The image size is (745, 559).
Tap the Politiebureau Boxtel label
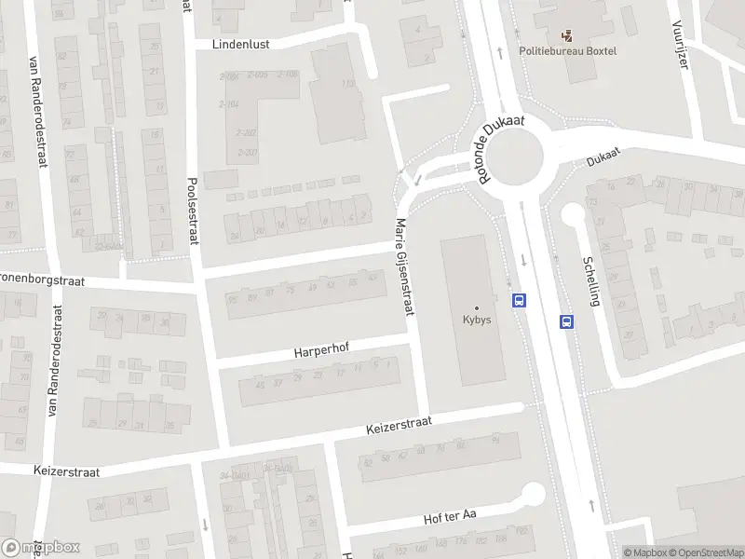coord(568,50)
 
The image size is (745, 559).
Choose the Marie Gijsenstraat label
coord(403,267)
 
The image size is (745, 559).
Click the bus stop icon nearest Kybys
coord(519,300)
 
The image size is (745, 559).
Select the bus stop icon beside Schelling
coord(565,321)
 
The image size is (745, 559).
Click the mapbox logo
coord(41,548)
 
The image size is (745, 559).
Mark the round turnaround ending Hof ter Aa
coord(534,494)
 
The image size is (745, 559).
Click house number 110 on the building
coord(349,85)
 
